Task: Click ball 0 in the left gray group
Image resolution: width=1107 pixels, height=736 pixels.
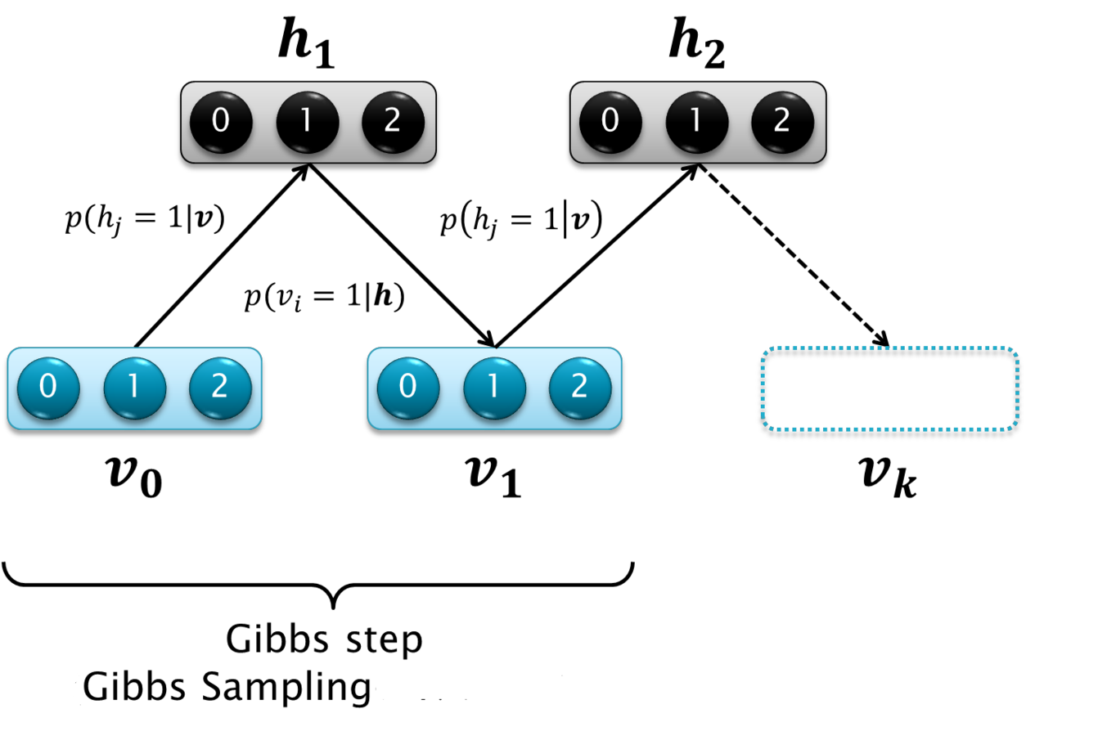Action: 221,122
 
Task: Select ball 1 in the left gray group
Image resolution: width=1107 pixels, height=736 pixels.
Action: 307,122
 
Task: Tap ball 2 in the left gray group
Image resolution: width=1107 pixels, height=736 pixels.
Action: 393,122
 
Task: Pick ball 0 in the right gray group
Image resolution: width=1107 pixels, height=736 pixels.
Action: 610,122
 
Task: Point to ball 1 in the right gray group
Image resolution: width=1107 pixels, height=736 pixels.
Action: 696,122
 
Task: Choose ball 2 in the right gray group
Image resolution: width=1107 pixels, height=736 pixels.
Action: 782,122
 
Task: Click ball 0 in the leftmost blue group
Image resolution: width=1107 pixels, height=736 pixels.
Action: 48,388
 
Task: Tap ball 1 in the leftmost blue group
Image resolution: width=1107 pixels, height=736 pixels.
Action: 134,388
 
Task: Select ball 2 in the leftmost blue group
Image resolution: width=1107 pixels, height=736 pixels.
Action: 220,388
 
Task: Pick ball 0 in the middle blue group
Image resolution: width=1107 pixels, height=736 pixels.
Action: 408,388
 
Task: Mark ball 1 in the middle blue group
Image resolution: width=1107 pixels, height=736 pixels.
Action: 494,388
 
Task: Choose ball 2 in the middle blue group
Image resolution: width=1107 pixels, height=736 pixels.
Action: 580,388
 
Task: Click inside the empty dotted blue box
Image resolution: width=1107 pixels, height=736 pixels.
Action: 889,388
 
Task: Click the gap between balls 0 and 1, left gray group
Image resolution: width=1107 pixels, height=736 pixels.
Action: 264,122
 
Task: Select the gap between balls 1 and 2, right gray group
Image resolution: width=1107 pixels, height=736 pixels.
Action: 740,122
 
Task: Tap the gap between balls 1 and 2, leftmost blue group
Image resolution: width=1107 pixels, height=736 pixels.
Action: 178,388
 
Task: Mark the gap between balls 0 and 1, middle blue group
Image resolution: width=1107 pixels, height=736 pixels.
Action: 452,388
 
